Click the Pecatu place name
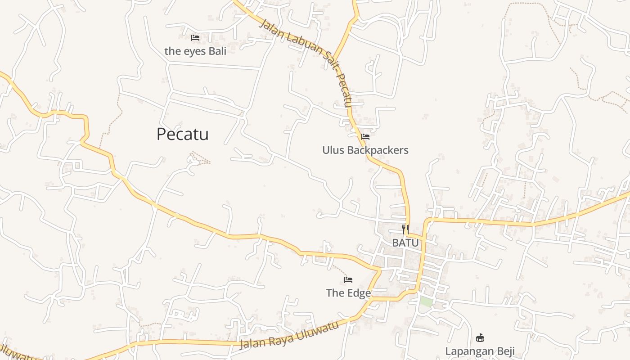pyautogui.click(x=182, y=134)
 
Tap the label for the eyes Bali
pyautogui.click(x=195, y=51)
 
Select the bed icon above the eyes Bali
pyautogui.click(x=195, y=38)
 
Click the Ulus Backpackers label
pyautogui.click(x=365, y=150)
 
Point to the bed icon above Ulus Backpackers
pyautogui.click(x=365, y=136)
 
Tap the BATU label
pyautogui.click(x=405, y=243)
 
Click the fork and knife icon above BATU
pyautogui.click(x=405, y=229)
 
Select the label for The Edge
pyautogui.click(x=348, y=293)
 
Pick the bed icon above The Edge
pyautogui.click(x=348, y=280)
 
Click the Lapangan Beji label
pyautogui.click(x=480, y=351)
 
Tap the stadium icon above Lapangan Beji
pyautogui.click(x=480, y=337)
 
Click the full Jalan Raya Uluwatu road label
pyautogui.click(x=289, y=335)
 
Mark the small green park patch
pyautogui.click(x=426, y=302)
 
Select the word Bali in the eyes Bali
pyautogui.click(x=217, y=51)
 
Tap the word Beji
pyautogui.click(x=504, y=351)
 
